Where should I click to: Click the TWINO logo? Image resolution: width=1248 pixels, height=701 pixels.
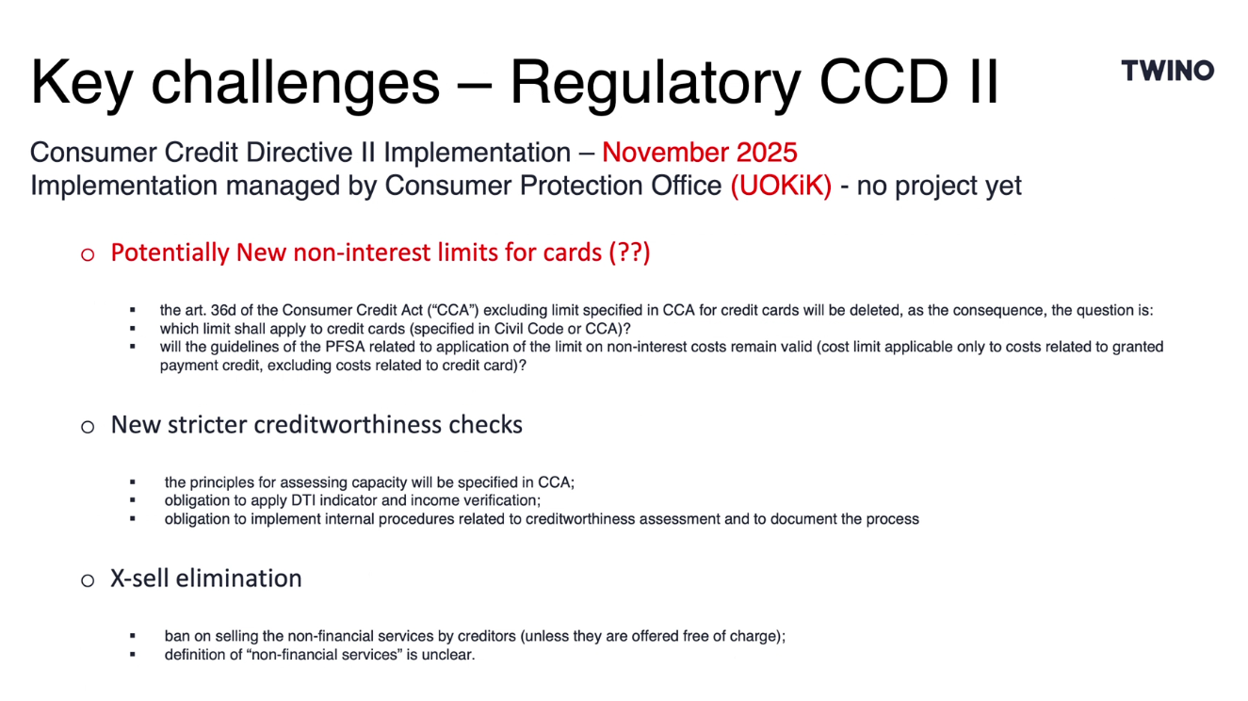[1167, 71]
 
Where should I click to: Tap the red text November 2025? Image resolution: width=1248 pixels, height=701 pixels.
[700, 152]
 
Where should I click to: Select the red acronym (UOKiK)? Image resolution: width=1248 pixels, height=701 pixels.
[781, 186]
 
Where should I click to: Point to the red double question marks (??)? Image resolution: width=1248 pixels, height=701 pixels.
[629, 253]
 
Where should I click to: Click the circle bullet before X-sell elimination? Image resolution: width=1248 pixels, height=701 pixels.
[88, 580]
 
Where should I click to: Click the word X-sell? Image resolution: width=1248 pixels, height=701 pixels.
[139, 579]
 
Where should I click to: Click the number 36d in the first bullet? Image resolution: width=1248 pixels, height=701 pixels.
[223, 310]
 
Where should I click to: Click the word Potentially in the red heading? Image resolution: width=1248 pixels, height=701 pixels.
[170, 253]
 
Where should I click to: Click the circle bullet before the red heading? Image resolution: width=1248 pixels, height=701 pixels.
[88, 255]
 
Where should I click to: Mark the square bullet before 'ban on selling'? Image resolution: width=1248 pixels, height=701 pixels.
[133, 636]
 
